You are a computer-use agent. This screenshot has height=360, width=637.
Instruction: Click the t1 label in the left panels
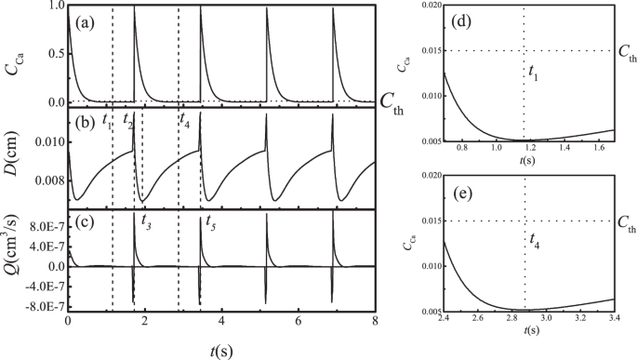[x=108, y=120]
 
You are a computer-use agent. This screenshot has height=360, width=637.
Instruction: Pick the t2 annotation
[x=128, y=120]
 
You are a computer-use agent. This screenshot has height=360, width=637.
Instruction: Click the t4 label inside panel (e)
[x=533, y=240]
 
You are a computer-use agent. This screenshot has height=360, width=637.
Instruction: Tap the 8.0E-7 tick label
[x=43, y=226]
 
